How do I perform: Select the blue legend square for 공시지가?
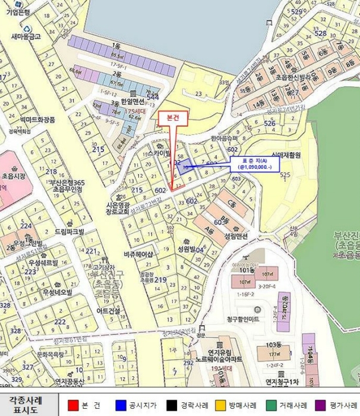pyautogui.click(x=119, y=404)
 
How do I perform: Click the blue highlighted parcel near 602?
pyautogui.click(x=182, y=166)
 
